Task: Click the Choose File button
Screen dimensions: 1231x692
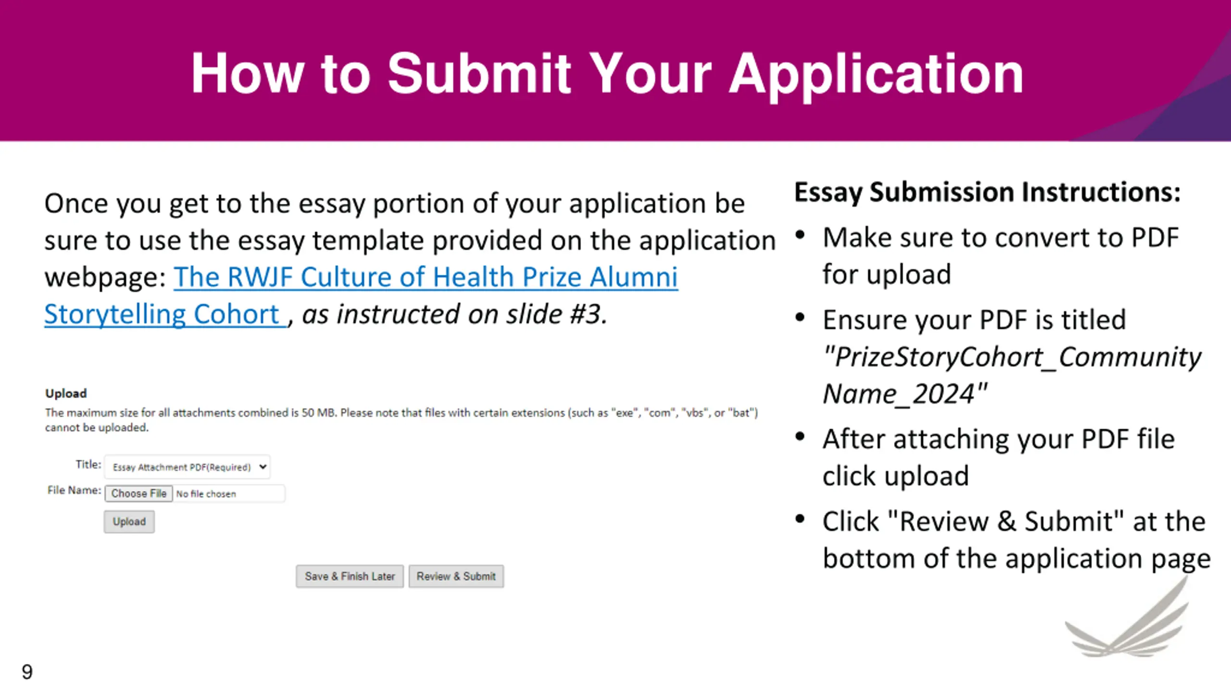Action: [x=138, y=494]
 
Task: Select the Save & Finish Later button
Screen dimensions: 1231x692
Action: [x=350, y=576]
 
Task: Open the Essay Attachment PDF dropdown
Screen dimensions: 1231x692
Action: [x=188, y=467]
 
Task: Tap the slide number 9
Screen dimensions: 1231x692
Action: [x=27, y=672]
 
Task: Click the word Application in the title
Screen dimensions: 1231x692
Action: [x=876, y=74]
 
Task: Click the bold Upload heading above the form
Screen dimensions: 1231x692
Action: [x=66, y=394]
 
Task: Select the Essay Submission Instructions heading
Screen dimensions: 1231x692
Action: [x=987, y=192]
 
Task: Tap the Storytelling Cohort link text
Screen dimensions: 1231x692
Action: [x=163, y=315]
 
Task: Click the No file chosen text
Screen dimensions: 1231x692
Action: [x=206, y=494]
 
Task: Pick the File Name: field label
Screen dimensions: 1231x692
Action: [x=74, y=490]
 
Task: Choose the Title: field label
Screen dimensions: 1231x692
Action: [x=88, y=464]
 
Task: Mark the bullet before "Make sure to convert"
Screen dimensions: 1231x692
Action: [x=800, y=235]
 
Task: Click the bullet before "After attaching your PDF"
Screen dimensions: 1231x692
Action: [x=800, y=437]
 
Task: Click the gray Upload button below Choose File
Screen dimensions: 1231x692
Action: [x=129, y=522]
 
